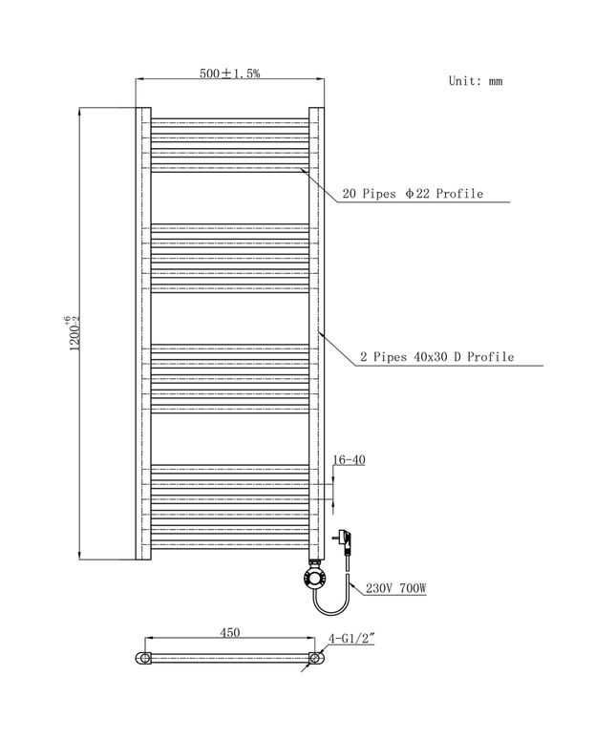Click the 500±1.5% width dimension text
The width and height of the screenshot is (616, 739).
[x=230, y=73]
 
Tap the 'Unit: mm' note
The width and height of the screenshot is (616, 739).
[x=475, y=81]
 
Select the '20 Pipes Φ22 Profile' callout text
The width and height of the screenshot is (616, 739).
[x=412, y=194]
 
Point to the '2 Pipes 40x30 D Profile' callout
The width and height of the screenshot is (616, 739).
[x=436, y=357]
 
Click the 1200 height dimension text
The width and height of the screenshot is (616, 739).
[x=73, y=334]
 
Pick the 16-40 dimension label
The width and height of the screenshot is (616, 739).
[x=349, y=460]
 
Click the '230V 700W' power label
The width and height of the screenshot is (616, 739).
[x=394, y=589]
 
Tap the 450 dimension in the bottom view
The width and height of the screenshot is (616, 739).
[x=229, y=632]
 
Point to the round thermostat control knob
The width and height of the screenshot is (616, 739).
[x=314, y=578]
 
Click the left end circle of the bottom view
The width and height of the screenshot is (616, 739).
[x=143, y=658]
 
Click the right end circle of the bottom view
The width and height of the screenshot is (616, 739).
[x=314, y=658]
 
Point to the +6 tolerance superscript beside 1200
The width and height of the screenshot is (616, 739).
[x=67, y=320]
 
